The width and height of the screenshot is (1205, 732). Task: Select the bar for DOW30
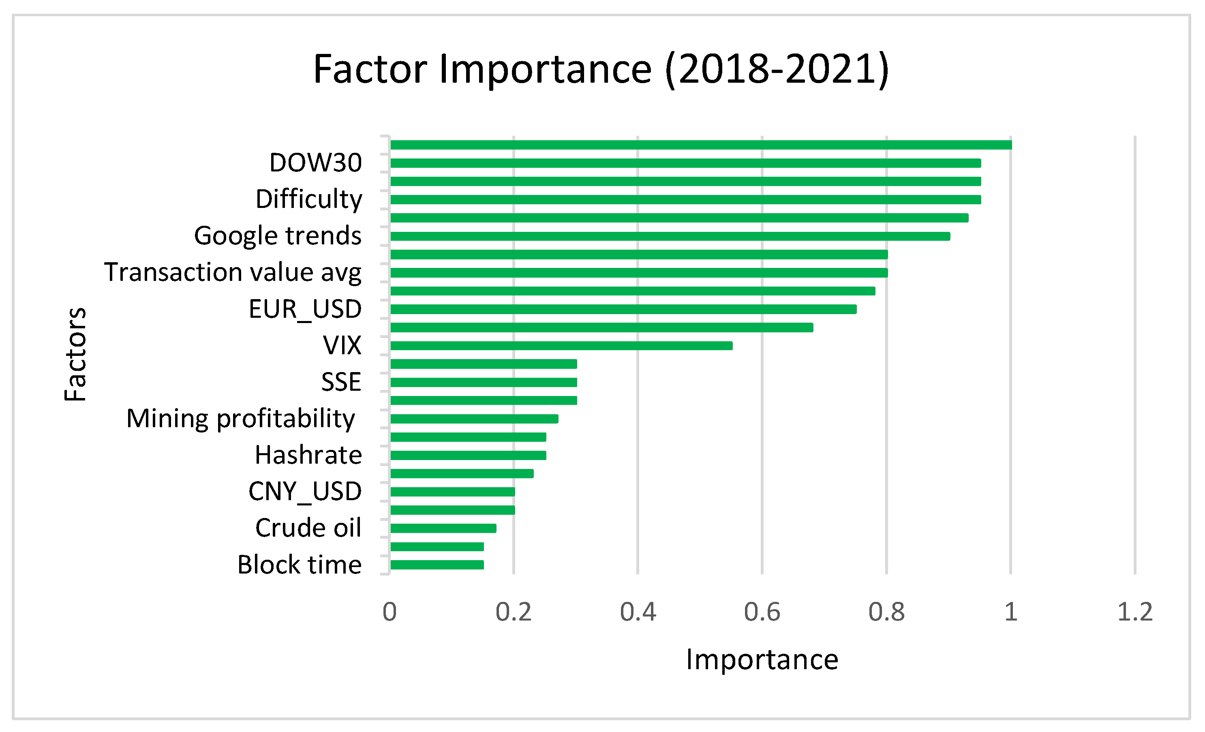pyautogui.click(x=685, y=163)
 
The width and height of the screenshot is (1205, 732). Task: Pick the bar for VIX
pyautogui.click(x=561, y=346)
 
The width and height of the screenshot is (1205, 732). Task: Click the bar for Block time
pyautogui.click(x=437, y=565)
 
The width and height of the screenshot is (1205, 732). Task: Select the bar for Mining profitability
pyautogui.click(x=474, y=419)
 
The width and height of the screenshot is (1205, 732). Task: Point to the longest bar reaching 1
pyautogui.click(x=701, y=145)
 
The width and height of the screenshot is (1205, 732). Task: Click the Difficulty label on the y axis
pyautogui.click(x=308, y=199)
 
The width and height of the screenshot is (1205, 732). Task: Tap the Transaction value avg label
pyautogui.click(x=233, y=272)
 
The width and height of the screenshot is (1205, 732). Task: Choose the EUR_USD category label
pyautogui.click(x=305, y=309)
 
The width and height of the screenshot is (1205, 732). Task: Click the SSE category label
pyautogui.click(x=341, y=382)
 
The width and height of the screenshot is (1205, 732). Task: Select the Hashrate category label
pyautogui.click(x=308, y=455)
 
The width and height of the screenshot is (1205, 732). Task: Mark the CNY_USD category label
pyautogui.click(x=305, y=491)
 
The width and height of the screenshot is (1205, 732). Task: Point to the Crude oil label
pyautogui.click(x=308, y=528)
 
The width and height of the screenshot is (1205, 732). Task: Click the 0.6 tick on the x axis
pyautogui.click(x=762, y=612)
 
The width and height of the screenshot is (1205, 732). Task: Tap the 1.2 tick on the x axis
pyautogui.click(x=1135, y=612)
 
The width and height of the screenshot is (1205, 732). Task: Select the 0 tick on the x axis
pyautogui.click(x=389, y=612)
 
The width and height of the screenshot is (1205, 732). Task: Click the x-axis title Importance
pyautogui.click(x=762, y=659)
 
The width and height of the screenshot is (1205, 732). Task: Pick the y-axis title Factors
pyautogui.click(x=75, y=355)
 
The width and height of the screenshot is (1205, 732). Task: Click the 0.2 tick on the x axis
pyautogui.click(x=513, y=612)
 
